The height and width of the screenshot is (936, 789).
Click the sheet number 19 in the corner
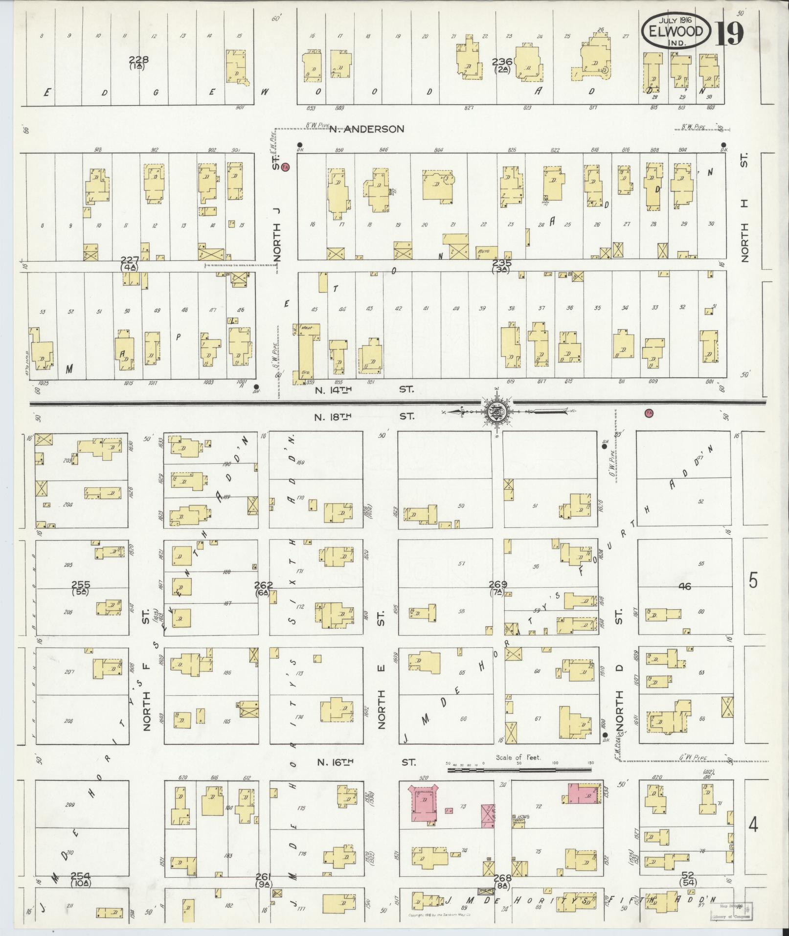[x=729, y=33]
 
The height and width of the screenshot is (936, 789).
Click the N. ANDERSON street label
[x=366, y=129]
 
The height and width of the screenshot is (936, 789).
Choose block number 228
[x=138, y=60]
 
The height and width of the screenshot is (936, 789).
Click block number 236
[x=502, y=62]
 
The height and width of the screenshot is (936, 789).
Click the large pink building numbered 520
[x=424, y=802]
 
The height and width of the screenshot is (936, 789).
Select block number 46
[x=685, y=586]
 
